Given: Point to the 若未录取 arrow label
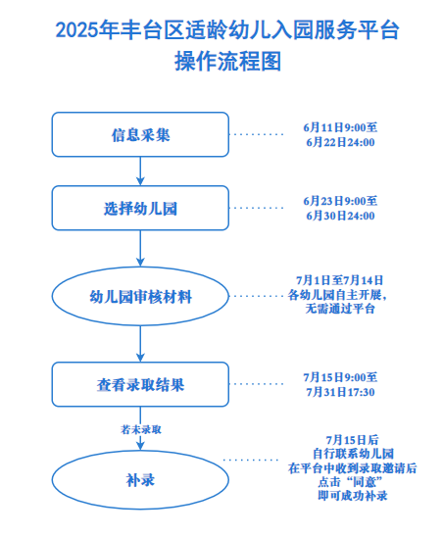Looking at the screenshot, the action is (x=140, y=429).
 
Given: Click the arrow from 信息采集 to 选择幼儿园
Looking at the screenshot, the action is (x=140, y=171).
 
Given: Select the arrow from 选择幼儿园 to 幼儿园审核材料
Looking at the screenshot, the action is (x=140, y=248).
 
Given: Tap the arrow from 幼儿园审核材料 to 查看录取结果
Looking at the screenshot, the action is (x=140, y=344).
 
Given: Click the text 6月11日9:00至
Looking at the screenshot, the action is (x=340, y=127).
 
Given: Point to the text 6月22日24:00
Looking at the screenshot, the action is (x=340, y=142).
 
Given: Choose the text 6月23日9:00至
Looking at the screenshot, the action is (x=340, y=201).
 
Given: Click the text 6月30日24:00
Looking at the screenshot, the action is (x=340, y=216).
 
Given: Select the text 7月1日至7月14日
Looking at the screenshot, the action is (x=339, y=280).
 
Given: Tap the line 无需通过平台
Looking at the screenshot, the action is (x=340, y=309).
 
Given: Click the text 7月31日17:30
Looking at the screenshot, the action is (x=340, y=392).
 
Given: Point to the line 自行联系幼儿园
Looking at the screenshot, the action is (x=353, y=454).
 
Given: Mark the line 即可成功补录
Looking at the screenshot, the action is (x=353, y=496).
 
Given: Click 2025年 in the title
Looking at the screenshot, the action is (x=87, y=30).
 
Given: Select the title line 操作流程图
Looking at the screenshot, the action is (x=227, y=62).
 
